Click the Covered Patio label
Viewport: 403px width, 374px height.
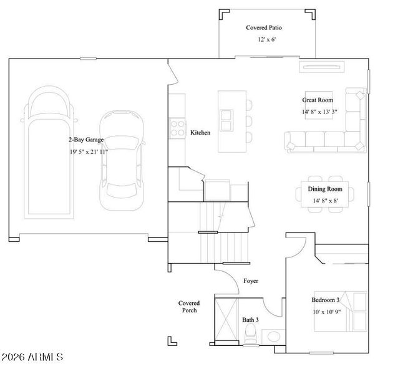(x=266, y=28)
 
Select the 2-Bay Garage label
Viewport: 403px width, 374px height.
(x=86, y=140)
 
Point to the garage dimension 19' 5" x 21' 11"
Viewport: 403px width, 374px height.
(x=88, y=152)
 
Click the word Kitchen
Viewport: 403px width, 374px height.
(x=200, y=133)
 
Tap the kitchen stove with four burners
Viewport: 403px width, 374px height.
(x=177, y=128)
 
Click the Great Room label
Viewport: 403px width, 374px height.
(x=318, y=100)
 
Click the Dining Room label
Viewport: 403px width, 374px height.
(x=325, y=189)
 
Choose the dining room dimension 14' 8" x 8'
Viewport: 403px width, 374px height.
(x=325, y=201)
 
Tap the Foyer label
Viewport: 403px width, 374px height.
(x=251, y=281)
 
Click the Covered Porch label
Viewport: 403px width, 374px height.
(x=189, y=307)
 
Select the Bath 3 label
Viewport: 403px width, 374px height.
(x=251, y=320)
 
